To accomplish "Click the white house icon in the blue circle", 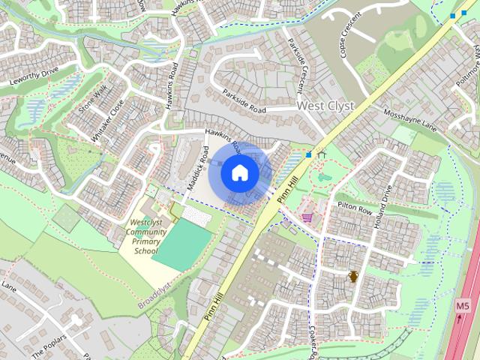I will point(239,173).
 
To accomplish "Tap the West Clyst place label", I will point(325,106).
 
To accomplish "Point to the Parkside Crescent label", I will point(296,65).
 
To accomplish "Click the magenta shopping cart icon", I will point(307,217).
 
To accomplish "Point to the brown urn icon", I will point(352,276).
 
